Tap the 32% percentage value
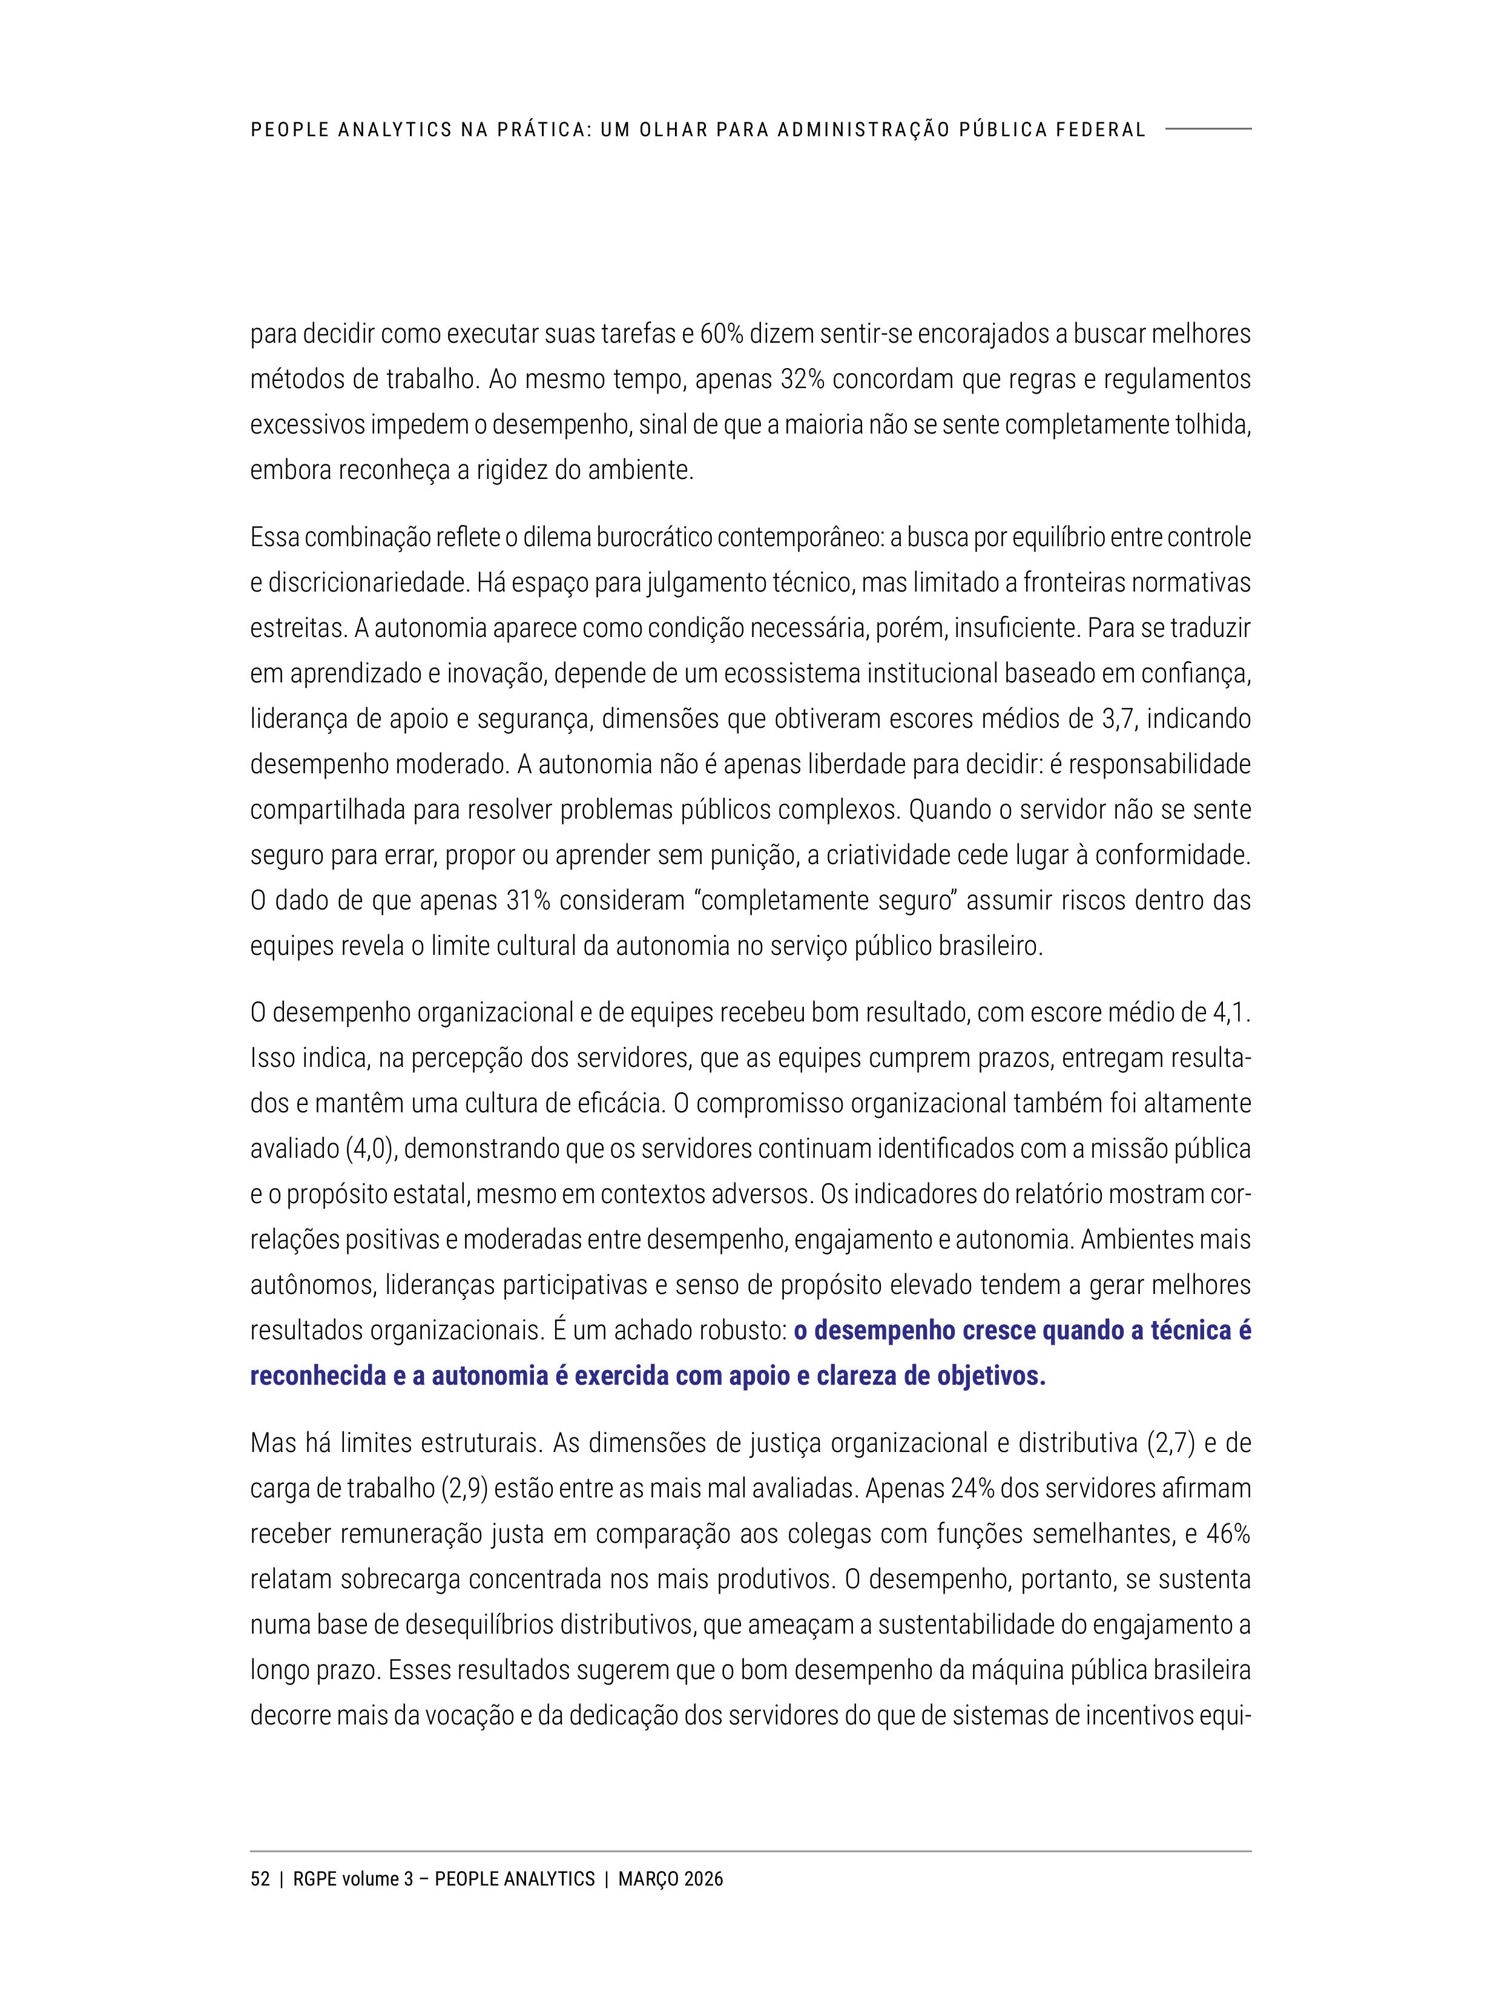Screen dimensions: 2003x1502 (x=802, y=380)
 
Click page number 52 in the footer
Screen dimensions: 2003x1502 (x=260, y=1879)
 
